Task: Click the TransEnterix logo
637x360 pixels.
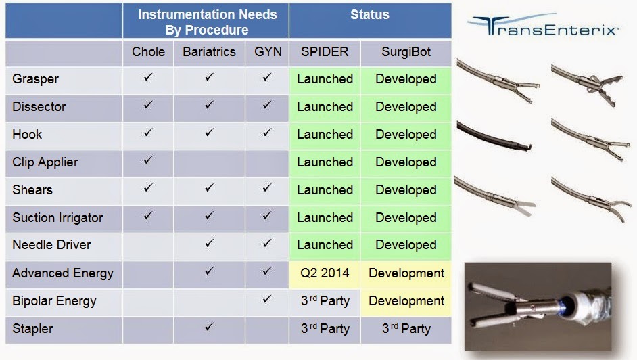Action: [544, 25]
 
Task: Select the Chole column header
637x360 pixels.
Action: [148, 52]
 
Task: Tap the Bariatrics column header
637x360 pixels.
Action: [209, 52]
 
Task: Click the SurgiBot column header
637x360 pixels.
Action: [406, 52]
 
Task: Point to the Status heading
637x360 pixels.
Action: [370, 15]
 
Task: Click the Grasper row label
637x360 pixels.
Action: [35, 78]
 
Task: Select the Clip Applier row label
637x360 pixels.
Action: [45, 162]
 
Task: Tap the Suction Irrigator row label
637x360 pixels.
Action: [57, 218]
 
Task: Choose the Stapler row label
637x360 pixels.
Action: [32, 329]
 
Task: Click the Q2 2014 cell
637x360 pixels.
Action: [325, 273]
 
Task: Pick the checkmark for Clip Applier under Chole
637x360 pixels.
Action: [148, 160]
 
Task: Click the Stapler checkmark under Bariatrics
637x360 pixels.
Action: [209, 326]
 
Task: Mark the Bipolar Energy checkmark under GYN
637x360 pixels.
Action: [267, 299]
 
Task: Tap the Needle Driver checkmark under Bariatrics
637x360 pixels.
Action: [209, 243]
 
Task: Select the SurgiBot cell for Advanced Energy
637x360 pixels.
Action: [406, 273]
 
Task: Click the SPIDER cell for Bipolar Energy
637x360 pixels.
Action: [325, 301]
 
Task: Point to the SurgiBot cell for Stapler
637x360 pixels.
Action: [406, 329]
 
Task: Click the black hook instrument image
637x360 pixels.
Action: [494, 137]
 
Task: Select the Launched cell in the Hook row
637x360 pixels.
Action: [325, 135]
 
